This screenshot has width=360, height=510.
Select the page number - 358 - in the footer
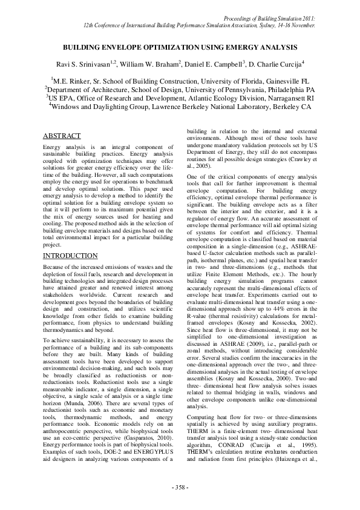[180, 487]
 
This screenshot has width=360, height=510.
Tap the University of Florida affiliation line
[180, 79]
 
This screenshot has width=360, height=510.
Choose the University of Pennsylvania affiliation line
[180, 88]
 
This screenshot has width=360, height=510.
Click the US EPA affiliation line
[180, 97]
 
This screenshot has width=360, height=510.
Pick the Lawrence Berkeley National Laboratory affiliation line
[180, 106]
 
